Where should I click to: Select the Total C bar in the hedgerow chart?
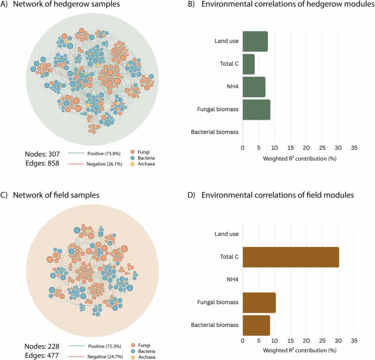[249, 64]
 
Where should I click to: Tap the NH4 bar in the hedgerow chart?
[253, 87]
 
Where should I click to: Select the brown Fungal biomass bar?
[259, 303]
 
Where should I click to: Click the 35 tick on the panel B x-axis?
[355, 148]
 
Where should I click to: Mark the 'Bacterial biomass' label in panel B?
[215, 132]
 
